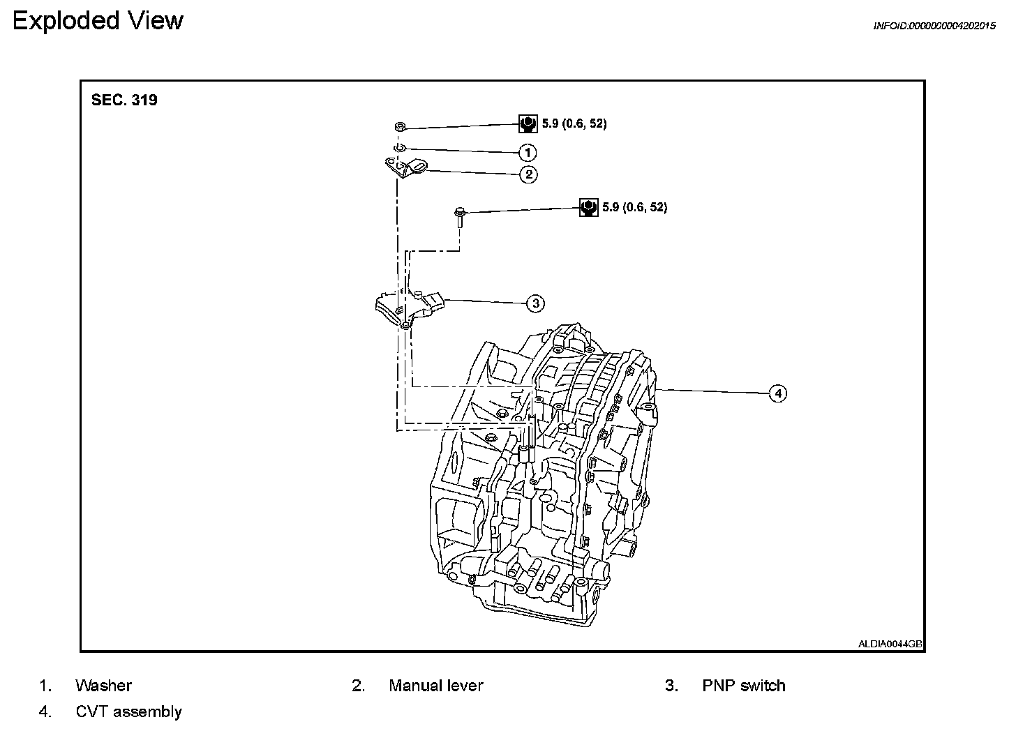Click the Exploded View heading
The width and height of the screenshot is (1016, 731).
click(98, 20)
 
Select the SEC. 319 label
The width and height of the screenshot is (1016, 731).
click(124, 100)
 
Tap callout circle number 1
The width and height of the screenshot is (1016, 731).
click(528, 152)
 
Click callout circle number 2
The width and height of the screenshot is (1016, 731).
click(528, 174)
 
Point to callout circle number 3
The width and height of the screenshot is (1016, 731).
click(535, 303)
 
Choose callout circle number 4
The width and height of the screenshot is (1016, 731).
click(777, 393)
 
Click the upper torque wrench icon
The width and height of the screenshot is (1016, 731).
click(528, 124)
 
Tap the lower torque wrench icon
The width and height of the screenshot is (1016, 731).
click(589, 207)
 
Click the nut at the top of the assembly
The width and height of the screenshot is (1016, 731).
click(399, 127)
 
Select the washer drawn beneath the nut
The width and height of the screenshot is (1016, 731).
click(398, 148)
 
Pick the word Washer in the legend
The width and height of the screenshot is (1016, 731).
click(103, 686)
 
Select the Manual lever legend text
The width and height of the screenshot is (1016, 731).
click(435, 686)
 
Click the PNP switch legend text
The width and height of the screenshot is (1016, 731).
click(743, 686)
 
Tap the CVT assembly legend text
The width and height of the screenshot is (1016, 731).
click(128, 711)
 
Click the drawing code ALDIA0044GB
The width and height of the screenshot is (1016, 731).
click(890, 645)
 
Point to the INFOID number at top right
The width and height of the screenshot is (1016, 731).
click(934, 26)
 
